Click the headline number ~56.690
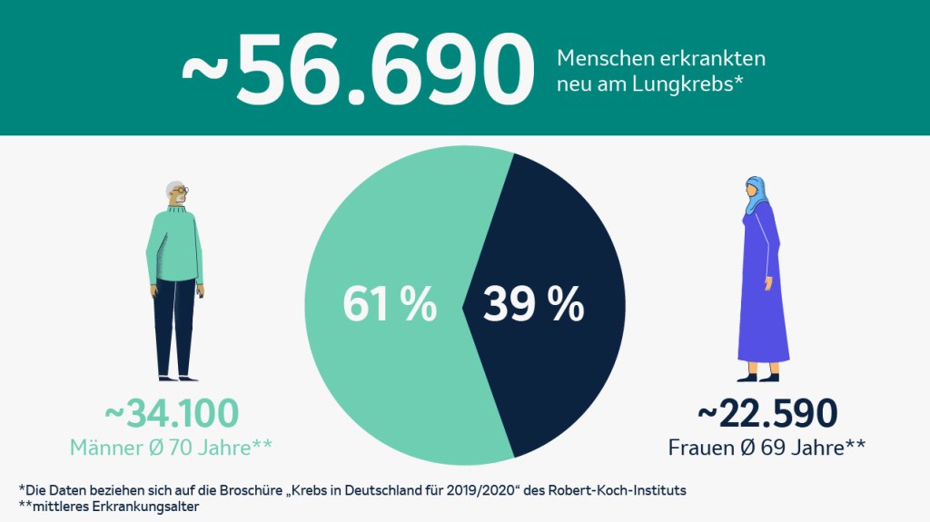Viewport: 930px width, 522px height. click(357, 69)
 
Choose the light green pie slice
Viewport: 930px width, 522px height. click(381, 381)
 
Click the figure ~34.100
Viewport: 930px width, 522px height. click(172, 413)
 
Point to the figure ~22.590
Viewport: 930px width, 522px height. click(767, 413)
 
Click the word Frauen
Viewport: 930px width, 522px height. click(700, 448)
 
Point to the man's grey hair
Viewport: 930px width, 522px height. click(172, 187)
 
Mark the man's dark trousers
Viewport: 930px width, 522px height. click(174, 327)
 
